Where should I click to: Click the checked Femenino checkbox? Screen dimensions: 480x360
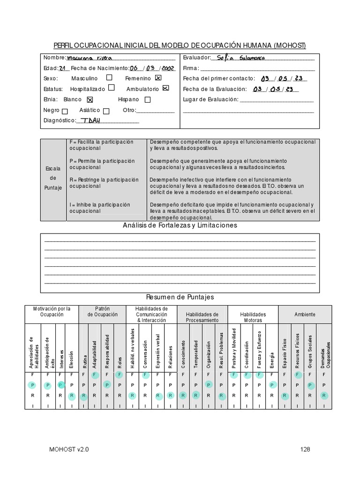[x=158, y=78]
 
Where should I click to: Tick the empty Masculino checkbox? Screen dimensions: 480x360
[x=109, y=78]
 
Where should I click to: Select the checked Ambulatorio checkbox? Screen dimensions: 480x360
[x=165, y=88]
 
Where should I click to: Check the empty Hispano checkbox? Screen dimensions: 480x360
[x=148, y=99]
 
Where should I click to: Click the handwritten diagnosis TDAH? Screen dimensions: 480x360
[x=91, y=120]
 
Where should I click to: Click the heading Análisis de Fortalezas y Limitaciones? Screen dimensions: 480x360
[x=180, y=225]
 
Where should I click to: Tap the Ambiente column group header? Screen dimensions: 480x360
[x=305, y=315]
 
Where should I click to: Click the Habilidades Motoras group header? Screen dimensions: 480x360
[x=253, y=317]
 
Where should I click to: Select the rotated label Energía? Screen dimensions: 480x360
[x=272, y=357]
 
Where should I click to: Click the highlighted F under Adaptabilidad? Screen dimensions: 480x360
[x=95, y=375]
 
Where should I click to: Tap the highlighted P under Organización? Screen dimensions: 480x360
[x=209, y=385]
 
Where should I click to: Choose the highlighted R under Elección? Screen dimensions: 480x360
[x=72, y=396]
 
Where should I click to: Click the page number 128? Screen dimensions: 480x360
[x=306, y=450]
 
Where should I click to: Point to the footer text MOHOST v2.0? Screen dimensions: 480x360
[x=69, y=450]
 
